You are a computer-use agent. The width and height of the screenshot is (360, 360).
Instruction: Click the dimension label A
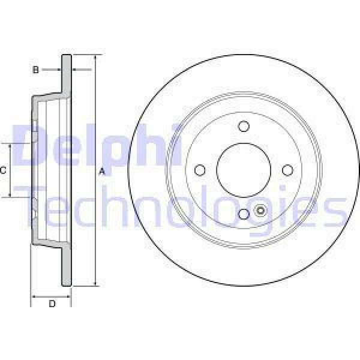(x=102, y=172)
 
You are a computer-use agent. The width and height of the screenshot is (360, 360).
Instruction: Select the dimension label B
(x=35, y=70)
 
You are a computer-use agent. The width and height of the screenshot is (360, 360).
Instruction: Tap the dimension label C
(x=3, y=170)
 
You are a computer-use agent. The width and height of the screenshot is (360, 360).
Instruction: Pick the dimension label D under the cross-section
(x=52, y=304)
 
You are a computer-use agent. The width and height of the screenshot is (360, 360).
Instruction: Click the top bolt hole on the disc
(x=243, y=126)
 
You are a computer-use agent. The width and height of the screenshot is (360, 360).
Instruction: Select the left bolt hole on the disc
(x=200, y=170)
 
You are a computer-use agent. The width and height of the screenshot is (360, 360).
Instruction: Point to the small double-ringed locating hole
(x=260, y=211)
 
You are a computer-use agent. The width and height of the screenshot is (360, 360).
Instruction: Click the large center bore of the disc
(x=243, y=170)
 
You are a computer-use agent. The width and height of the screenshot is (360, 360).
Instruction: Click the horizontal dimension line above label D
(x=52, y=296)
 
